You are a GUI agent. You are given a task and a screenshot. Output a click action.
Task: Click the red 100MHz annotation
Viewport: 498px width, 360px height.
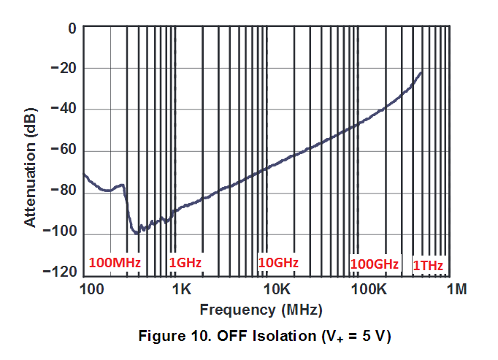115,262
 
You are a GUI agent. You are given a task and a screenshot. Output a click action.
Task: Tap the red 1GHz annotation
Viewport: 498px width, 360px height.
185,262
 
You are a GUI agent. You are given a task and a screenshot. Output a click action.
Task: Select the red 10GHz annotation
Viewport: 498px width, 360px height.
278,261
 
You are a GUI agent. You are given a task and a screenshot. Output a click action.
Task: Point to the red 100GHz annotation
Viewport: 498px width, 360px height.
375,263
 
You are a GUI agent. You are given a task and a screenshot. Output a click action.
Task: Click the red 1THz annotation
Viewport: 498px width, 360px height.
429,264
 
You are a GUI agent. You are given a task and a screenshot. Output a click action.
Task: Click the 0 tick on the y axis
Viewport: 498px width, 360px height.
72,28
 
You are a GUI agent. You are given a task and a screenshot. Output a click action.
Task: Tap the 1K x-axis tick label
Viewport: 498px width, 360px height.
181,289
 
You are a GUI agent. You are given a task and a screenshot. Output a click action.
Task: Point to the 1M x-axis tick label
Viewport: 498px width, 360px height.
457,289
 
